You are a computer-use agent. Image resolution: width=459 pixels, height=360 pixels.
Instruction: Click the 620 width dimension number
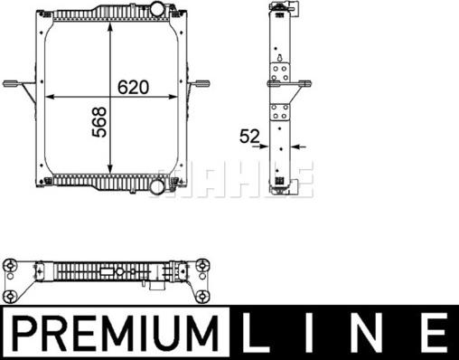pos(133,87)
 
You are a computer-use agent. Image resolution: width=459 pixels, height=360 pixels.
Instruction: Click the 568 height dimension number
pos(99,122)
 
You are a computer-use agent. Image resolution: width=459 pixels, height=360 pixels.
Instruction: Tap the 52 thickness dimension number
pos(249,137)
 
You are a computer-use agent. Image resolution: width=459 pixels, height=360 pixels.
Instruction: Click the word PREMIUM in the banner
pos(116,333)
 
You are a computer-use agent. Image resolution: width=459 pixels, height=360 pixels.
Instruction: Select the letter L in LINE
pos(256,333)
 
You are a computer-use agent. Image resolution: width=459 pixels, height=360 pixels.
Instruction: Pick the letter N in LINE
pos(367,333)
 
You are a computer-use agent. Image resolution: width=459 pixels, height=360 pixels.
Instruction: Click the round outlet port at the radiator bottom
pos(157,187)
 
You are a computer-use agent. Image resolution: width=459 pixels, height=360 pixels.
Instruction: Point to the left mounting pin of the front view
pos(12,83)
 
